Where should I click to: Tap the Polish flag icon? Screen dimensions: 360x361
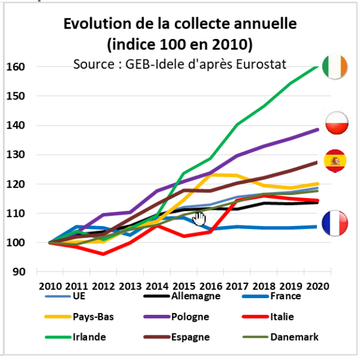tap(335, 122)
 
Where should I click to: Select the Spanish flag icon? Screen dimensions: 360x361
tap(335, 161)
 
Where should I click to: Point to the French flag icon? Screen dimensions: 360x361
tap(335, 223)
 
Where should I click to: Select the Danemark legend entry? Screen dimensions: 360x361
tap(293, 337)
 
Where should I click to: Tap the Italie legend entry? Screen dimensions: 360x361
tap(284, 317)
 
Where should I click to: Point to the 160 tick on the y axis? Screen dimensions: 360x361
tap(17, 67)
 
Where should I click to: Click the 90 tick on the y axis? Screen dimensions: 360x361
tap(19, 272)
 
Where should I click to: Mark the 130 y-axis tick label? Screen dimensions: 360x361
tap(17, 155)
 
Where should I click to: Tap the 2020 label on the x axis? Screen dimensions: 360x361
tap(317, 286)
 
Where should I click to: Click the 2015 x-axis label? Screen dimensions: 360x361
tap(183, 286)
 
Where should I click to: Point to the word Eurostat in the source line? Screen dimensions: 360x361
tap(258, 63)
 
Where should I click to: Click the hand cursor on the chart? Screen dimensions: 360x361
tap(199, 219)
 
